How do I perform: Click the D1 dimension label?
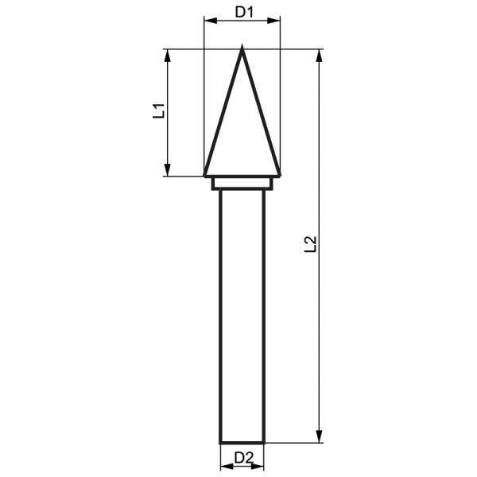244,12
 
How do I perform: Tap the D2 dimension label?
244,458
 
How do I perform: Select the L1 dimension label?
159,111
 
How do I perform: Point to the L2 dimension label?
311,244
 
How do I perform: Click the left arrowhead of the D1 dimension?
210,21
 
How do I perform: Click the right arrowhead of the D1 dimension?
273,21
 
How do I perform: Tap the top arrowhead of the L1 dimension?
168,56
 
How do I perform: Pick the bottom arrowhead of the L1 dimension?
168,169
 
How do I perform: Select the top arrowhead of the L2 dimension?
319,56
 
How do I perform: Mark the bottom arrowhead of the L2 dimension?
319,436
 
